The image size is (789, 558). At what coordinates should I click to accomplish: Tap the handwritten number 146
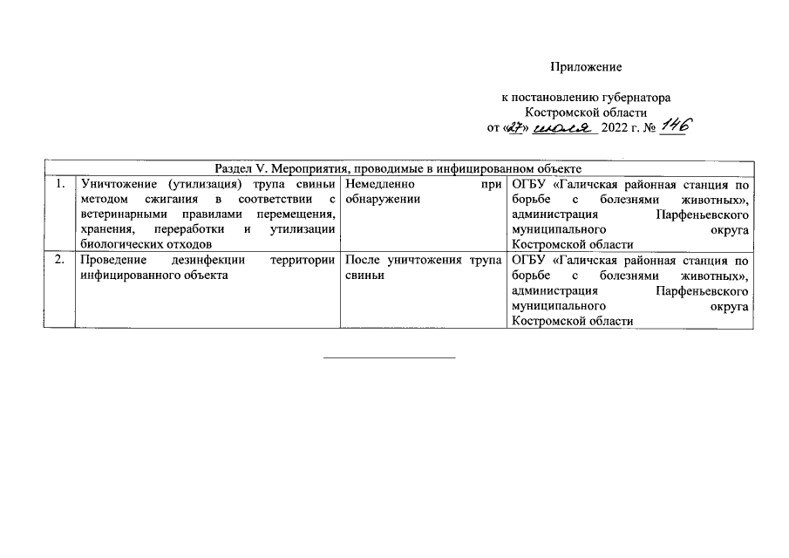point(672,126)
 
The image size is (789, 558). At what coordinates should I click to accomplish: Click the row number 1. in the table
point(58,185)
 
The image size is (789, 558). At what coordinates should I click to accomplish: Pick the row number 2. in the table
point(58,260)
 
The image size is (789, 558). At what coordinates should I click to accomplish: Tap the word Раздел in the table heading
point(233,167)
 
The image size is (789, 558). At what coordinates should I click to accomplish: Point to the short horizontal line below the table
point(390,357)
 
